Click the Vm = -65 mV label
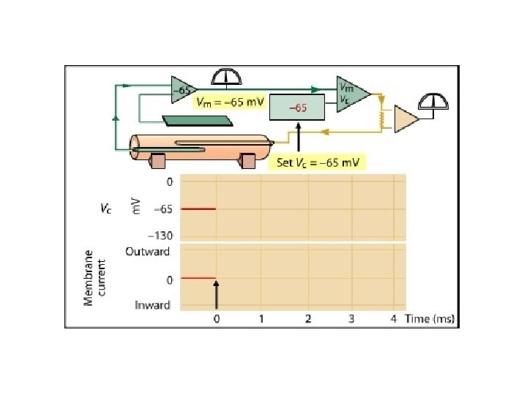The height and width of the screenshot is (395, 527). [x=229, y=103]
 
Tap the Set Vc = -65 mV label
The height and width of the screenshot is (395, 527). [x=320, y=162]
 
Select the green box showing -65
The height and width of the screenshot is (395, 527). [x=297, y=108]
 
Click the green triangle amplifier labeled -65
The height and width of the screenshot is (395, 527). [x=182, y=90]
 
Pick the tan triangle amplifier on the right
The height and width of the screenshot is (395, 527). [x=406, y=119]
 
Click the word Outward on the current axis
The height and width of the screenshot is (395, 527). [x=148, y=252]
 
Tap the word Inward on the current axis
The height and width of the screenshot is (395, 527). [x=152, y=305]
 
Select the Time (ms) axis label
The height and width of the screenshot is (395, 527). [x=431, y=318]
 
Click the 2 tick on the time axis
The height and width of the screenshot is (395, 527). [x=308, y=318]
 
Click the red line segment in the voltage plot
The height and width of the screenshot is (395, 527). [x=198, y=209]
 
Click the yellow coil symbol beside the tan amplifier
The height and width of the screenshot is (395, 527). [x=381, y=118]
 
